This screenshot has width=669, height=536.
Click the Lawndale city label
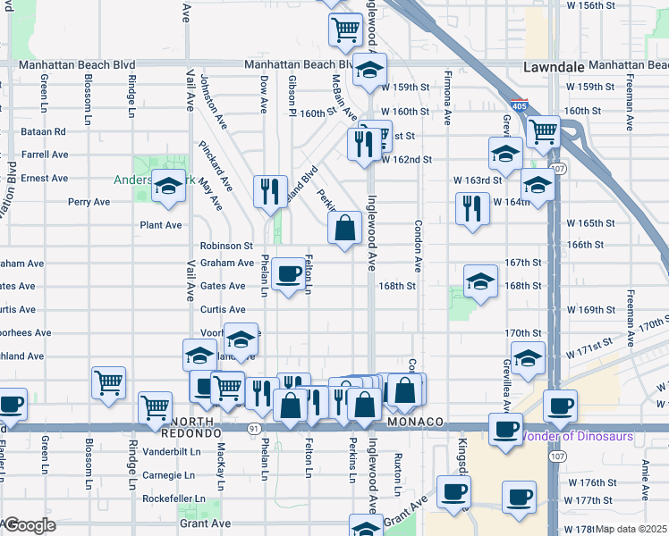[x=551, y=67]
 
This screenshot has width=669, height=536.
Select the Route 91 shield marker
[x=254, y=428]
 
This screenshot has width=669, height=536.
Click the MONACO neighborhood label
[x=416, y=421]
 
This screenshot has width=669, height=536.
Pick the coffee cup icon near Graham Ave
[x=288, y=274]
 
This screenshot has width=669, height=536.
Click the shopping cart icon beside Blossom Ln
[x=108, y=382]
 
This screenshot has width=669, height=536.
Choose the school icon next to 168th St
[x=480, y=282]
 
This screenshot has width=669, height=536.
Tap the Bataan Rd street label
[x=43, y=131]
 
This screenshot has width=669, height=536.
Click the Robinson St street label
[x=227, y=245]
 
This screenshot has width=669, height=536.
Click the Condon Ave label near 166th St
[x=417, y=247]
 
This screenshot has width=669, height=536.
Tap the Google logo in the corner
[x=29, y=525]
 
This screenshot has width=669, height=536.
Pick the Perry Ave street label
[x=89, y=202]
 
